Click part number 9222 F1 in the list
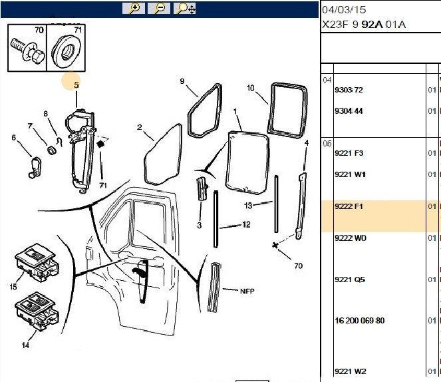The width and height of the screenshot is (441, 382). [x=349, y=206]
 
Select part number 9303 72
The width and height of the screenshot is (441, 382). [x=349, y=90]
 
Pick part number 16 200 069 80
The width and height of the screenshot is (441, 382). [x=359, y=321]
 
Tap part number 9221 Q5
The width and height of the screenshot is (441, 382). [x=349, y=280]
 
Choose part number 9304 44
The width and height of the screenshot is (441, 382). [x=349, y=111]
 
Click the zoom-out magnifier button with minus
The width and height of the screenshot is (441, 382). [x=159, y=9]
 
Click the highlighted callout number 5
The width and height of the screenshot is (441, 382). [x=76, y=85]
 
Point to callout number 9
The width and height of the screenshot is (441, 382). [x=182, y=81]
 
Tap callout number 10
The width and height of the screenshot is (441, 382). [x=251, y=88]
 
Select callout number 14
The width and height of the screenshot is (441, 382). [x=25, y=345]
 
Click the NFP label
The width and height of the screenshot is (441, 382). [x=247, y=291]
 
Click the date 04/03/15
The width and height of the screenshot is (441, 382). [x=344, y=10]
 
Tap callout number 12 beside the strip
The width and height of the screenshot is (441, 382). [x=246, y=225]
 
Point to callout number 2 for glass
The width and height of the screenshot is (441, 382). [x=140, y=128]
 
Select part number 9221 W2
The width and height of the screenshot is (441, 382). [x=349, y=371]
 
